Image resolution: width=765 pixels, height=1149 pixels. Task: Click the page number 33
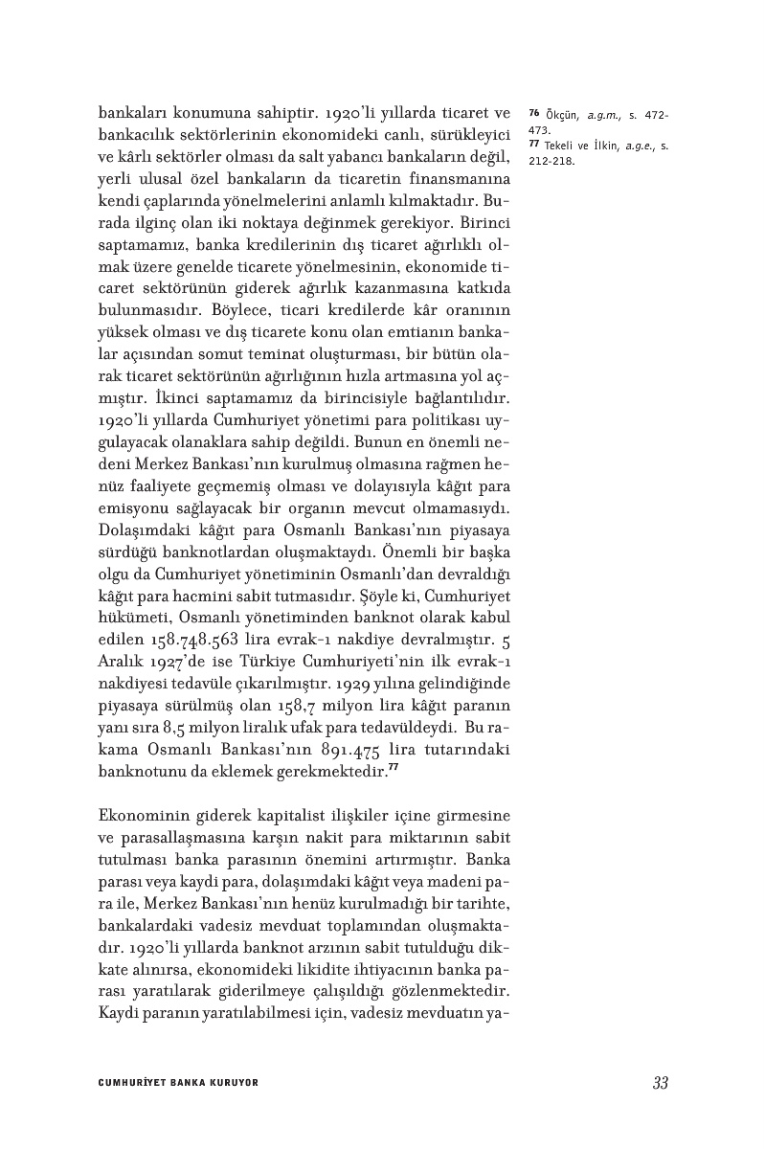tap(660, 1083)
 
